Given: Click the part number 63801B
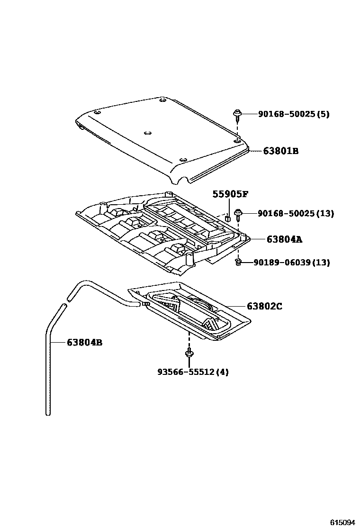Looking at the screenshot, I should pos(281,151).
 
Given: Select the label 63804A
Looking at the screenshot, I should pos(284,240).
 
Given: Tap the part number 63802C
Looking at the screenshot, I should pos(264,307).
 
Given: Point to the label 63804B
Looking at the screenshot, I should pos(84,342).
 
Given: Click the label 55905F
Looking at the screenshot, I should pos(230,194).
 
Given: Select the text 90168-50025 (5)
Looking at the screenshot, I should pos(293,114).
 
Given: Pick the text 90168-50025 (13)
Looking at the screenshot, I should pos(296,214).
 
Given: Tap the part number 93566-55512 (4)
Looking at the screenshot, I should pos(193,372).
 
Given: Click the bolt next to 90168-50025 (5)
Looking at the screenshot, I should pos(236,114).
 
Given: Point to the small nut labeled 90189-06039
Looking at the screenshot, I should pos(239,262).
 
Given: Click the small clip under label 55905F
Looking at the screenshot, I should pos(228,218).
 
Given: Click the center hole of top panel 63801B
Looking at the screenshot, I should pos(147,134).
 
